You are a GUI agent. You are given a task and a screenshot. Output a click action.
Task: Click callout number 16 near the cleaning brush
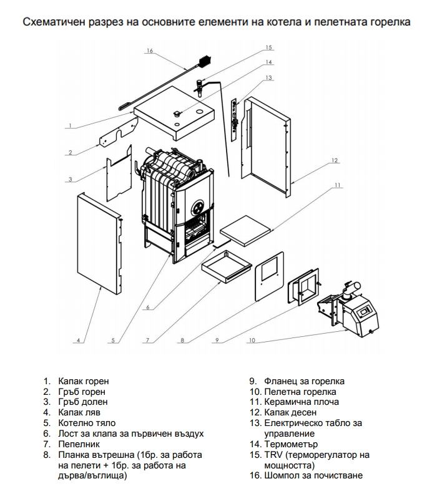[x=150, y=51]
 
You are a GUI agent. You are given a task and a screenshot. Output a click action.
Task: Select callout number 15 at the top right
[x=268, y=47]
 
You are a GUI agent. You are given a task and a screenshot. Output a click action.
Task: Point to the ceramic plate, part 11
[x=245, y=230]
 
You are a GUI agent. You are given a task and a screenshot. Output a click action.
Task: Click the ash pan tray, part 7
[x=226, y=267]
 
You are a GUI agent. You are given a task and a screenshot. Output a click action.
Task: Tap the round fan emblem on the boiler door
[x=199, y=208]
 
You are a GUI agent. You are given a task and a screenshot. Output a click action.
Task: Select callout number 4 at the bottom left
[x=79, y=341]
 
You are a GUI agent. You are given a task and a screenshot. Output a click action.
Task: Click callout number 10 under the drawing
[x=252, y=341]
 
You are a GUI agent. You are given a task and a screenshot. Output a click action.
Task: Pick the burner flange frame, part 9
[x=303, y=286]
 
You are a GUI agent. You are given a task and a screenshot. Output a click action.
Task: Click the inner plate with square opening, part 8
[x=270, y=276]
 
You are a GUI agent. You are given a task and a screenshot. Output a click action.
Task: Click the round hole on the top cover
[x=200, y=112]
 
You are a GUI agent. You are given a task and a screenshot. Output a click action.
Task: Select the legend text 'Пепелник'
[x=79, y=444]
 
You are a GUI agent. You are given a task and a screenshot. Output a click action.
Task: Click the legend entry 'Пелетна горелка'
[x=300, y=392]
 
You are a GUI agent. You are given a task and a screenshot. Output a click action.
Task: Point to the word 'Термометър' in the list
[x=291, y=444]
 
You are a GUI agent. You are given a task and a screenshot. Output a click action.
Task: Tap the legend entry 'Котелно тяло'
[x=87, y=423]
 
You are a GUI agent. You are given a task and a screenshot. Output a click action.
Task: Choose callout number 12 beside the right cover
[x=335, y=160]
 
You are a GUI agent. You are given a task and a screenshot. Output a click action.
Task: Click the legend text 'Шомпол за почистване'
[x=313, y=475]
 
